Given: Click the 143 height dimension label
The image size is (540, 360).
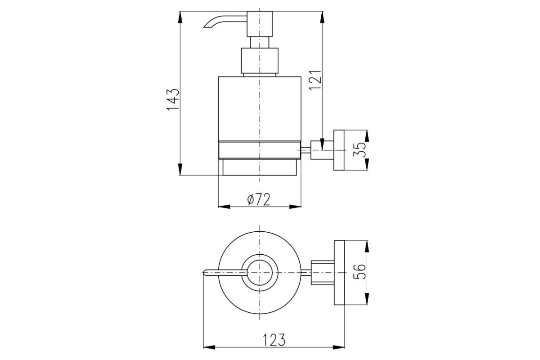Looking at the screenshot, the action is pyautogui.click(x=173, y=99).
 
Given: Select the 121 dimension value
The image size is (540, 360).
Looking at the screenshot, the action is pyautogui.click(x=315, y=80).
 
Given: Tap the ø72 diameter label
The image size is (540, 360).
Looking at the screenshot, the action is pyautogui.click(x=259, y=199).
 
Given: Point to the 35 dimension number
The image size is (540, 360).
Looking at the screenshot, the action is pyautogui.click(x=360, y=150).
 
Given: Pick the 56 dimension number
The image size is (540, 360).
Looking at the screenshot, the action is pyautogui.click(x=360, y=272).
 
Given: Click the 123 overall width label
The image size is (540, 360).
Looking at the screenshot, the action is pyautogui.click(x=274, y=340).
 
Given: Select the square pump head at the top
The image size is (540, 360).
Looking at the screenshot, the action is pyautogui.click(x=260, y=24).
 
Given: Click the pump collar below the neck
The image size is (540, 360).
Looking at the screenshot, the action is pyautogui.click(x=260, y=60).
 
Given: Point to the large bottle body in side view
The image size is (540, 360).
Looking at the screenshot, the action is pyautogui.click(x=260, y=108).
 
